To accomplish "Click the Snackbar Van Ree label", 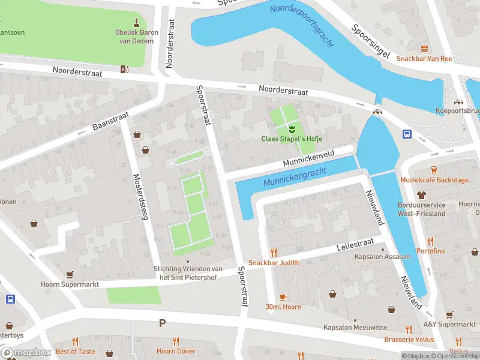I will pos(424,58).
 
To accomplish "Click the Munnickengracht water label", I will pos(295,177).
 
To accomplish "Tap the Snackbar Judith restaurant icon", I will pos(274,253).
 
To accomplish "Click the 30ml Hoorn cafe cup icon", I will pos(284,296).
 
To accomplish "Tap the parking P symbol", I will pos(162,323).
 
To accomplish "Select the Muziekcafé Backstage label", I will pos(434,179).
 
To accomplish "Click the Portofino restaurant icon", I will pos(430,240).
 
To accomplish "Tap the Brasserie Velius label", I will pos(409,339).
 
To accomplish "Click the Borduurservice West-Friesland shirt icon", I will pos(422,194).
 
